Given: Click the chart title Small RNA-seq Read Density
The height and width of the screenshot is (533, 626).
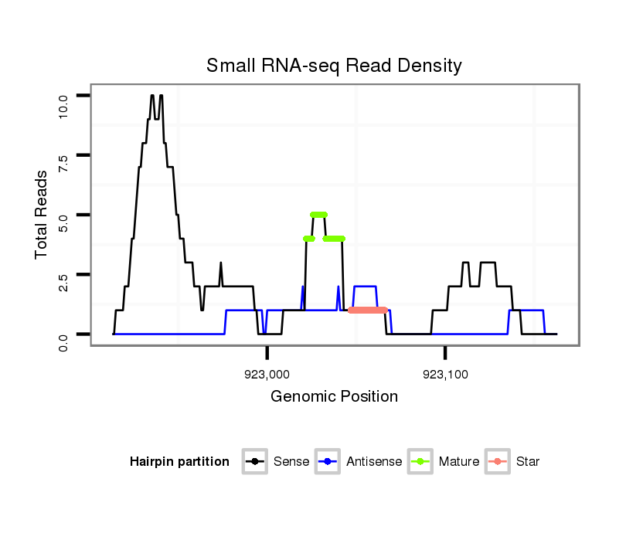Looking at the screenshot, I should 334,66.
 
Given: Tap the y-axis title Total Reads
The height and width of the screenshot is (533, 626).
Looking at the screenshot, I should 43,214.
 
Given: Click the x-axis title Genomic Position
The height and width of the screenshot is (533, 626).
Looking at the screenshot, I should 334,397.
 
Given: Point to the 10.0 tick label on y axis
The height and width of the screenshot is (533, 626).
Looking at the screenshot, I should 63,102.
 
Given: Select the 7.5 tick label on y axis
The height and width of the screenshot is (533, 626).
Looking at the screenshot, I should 63,163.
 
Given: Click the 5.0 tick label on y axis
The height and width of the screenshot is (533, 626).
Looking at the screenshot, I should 63,222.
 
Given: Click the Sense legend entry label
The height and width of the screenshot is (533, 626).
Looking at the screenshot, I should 291,462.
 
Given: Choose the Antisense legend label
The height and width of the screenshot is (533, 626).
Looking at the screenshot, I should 374,462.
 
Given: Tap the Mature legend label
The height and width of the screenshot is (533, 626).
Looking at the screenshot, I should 459,462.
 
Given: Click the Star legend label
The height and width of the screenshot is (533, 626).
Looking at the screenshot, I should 528,462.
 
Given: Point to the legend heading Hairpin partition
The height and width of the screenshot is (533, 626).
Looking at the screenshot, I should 179,462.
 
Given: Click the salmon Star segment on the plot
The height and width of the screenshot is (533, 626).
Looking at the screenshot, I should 368,310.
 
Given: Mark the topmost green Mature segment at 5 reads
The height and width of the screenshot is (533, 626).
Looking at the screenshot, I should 318,214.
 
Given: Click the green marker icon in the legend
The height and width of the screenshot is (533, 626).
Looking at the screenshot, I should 421,462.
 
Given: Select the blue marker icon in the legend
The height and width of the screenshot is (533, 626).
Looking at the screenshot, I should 328,462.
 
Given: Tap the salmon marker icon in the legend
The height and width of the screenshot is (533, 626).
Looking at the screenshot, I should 498,462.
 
